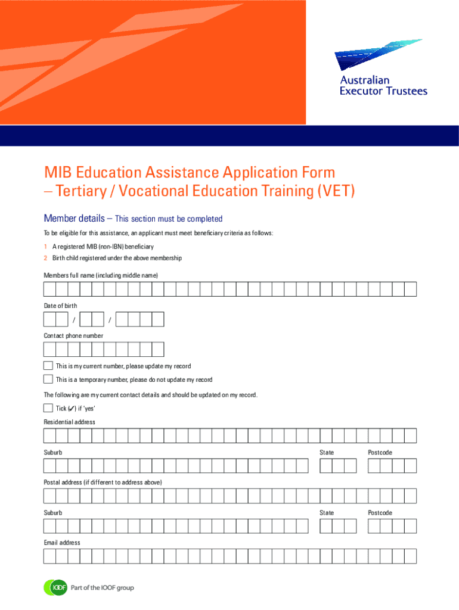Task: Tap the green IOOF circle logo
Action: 55,588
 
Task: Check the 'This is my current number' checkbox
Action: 48,365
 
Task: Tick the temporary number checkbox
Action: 48,379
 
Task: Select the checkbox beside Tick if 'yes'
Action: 48,408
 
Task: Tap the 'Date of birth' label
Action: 60,306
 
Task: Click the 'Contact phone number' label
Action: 73,335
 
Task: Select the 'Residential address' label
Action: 69,422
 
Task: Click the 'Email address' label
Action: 62,543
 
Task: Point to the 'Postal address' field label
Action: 103,482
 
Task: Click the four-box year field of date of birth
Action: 139,320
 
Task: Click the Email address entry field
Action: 229,556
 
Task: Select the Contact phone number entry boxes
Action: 104,350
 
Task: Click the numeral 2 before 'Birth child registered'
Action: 45,258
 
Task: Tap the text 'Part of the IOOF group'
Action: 103,588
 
